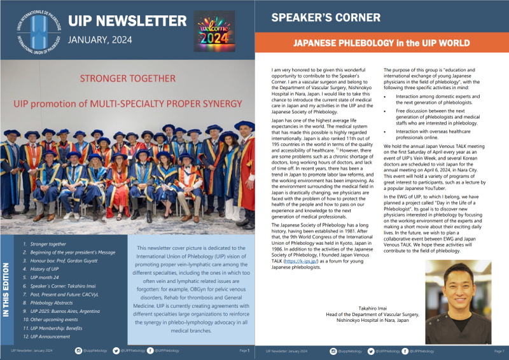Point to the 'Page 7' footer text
pos(498,350)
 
